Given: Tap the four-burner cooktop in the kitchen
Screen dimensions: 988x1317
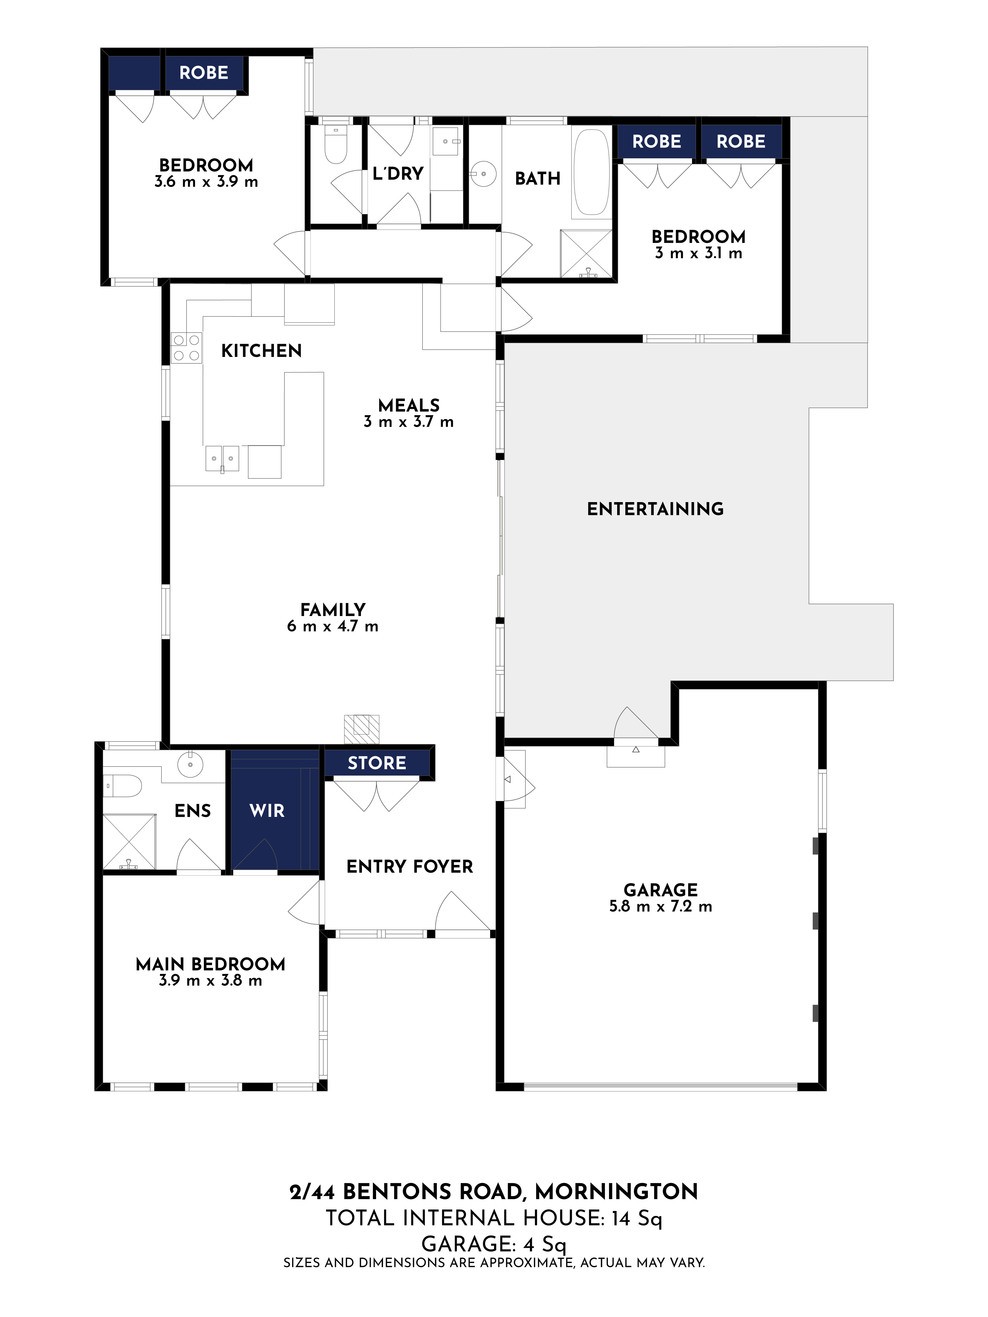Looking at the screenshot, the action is pyautogui.click(x=186, y=348).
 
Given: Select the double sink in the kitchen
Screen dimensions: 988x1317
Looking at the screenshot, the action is pyautogui.click(x=222, y=458).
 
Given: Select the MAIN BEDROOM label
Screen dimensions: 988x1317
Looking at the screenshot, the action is pyautogui.click(x=210, y=964).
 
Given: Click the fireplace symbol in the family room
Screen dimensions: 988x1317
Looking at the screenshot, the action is pyautogui.click(x=362, y=729).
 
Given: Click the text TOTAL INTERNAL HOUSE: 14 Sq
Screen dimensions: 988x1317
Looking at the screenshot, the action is pyautogui.click(x=494, y=1218).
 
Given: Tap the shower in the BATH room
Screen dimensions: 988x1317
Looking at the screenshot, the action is pyautogui.click(x=586, y=254).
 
